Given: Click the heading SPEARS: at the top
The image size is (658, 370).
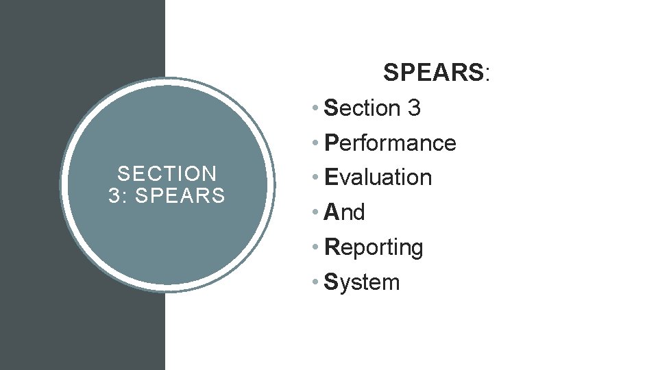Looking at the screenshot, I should [436, 72].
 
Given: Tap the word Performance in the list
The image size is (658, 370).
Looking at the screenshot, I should [391, 143].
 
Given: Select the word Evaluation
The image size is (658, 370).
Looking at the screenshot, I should [378, 177].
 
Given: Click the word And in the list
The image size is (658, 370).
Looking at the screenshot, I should [345, 212].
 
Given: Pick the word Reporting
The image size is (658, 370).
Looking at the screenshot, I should [374, 247].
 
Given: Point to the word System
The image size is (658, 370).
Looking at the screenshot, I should [362, 282].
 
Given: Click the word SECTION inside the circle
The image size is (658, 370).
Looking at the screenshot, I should [167, 174].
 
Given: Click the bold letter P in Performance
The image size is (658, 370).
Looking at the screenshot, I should [331, 143].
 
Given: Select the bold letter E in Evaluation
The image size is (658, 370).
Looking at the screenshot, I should [331, 177].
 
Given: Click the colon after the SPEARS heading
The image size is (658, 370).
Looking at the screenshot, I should [487, 74].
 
